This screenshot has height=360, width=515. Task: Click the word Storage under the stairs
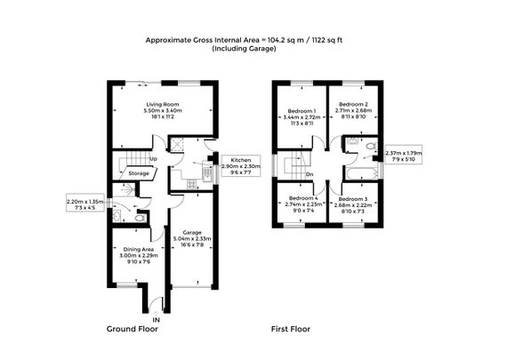point(138,173)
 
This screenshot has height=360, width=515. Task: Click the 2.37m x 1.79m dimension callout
point(405,156)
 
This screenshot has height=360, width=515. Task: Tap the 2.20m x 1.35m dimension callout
point(85,204)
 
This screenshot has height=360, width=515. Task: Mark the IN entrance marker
point(156,317)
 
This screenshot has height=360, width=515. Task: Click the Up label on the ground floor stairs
point(153,159)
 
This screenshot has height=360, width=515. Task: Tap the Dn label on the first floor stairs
point(309,174)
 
